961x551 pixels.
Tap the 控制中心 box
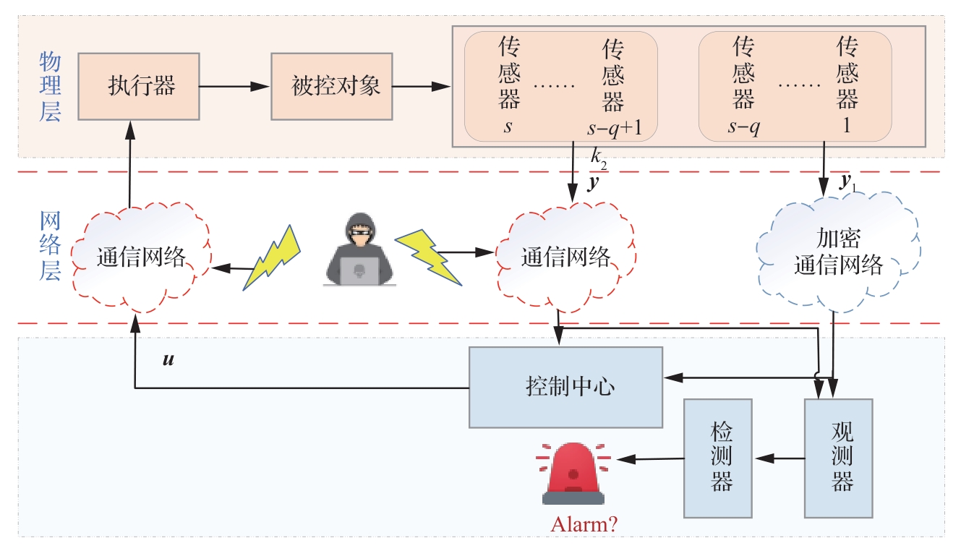(565, 387)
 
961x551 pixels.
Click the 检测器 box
(721, 458)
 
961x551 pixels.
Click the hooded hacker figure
(359, 249)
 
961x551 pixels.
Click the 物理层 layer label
(50, 87)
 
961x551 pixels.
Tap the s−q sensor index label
(744, 127)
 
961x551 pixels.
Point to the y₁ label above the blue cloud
(847, 184)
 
